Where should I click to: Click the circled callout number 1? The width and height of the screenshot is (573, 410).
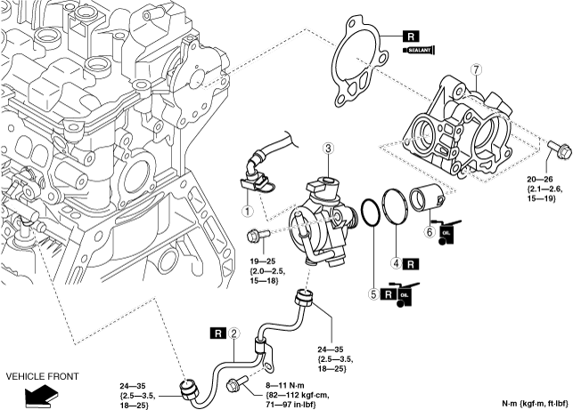[248, 211]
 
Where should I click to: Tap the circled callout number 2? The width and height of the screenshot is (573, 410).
[233, 333]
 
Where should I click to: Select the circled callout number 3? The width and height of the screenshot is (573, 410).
[328, 149]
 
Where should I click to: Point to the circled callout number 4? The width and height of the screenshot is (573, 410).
[397, 263]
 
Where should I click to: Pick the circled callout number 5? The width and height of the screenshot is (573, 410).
[373, 294]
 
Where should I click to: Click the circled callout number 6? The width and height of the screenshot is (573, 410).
[430, 231]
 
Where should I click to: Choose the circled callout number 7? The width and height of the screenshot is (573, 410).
[476, 69]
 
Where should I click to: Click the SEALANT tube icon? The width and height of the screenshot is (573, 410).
[420, 51]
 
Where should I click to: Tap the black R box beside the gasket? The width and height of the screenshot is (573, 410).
[411, 36]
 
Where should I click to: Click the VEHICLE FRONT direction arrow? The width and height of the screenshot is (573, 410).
[42, 397]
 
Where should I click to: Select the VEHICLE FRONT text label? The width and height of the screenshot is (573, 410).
[43, 376]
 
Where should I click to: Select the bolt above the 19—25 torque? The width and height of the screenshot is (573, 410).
[258, 235]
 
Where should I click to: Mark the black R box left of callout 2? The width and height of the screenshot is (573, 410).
[218, 333]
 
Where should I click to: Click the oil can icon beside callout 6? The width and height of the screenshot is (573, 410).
[446, 232]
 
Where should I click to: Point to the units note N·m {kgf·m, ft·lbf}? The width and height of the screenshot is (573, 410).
[536, 404]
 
